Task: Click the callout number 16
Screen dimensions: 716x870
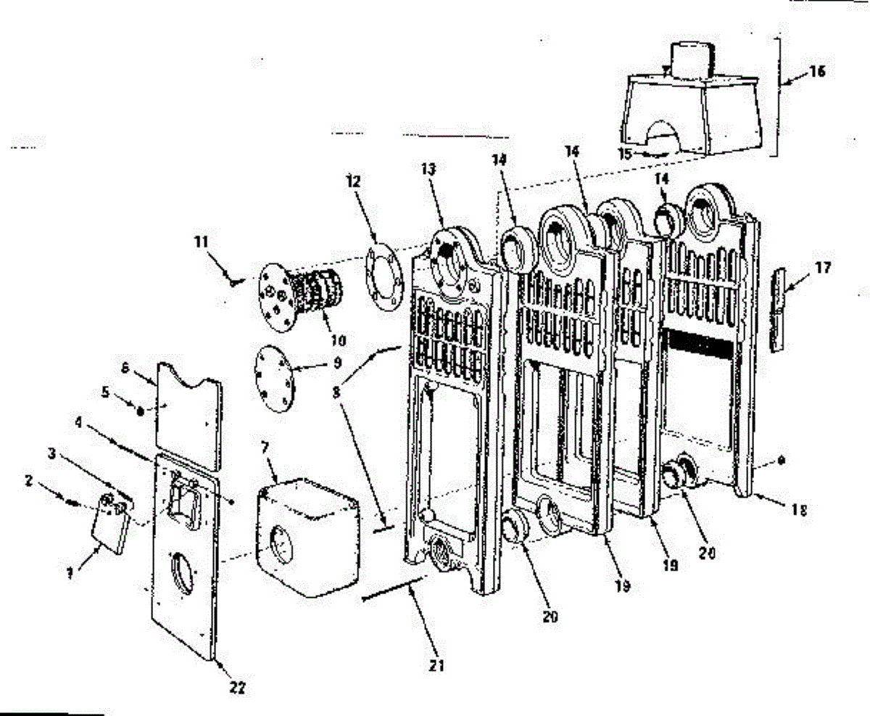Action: pyautogui.click(x=818, y=72)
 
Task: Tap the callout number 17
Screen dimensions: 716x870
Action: pyautogui.click(x=822, y=268)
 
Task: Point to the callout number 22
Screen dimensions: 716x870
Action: pyautogui.click(x=237, y=687)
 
